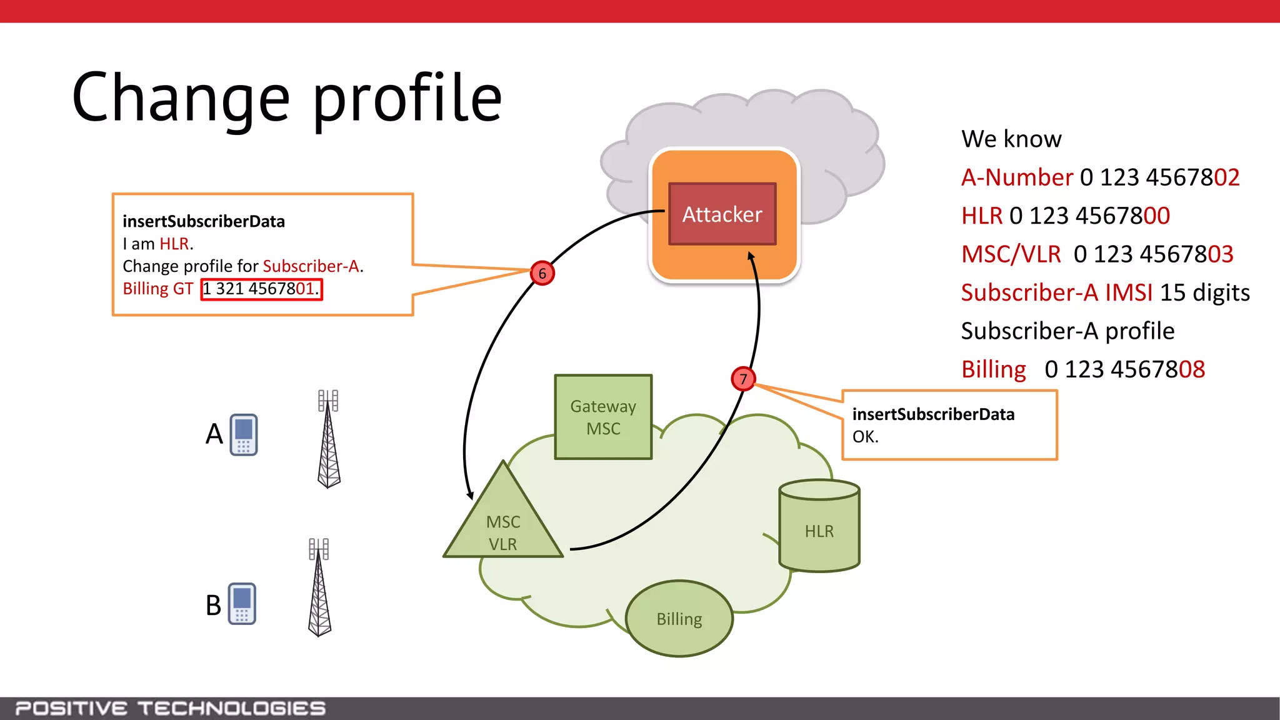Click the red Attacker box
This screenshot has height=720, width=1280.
(x=722, y=214)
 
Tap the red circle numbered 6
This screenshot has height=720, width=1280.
(x=542, y=273)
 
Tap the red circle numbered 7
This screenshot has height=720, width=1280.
(x=743, y=379)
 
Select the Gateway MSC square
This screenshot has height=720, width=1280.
(x=603, y=417)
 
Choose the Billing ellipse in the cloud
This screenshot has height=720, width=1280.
(x=679, y=619)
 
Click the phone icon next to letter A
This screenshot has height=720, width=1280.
(x=244, y=434)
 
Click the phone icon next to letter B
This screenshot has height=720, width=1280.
(x=242, y=604)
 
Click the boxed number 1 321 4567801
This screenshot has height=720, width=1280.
(x=261, y=289)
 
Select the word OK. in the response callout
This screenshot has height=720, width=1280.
(x=866, y=437)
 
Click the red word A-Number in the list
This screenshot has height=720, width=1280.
(x=1017, y=177)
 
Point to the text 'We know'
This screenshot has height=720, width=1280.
(x=1011, y=139)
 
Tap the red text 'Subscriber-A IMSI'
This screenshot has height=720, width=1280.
(x=1056, y=292)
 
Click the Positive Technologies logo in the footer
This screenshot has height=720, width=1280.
(x=171, y=708)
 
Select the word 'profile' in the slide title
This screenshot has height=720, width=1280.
(x=407, y=99)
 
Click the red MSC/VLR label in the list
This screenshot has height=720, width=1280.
(x=1011, y=254)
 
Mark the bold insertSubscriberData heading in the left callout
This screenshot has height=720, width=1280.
(x=204, y=221)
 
